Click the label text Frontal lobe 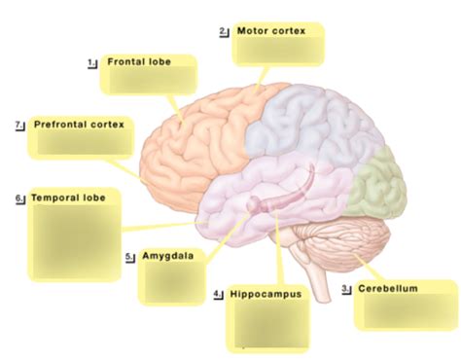click(139, 61)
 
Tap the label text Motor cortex click(271, 31)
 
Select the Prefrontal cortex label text click(79, 125)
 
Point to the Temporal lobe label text click(67, 197)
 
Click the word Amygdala click(168, 257)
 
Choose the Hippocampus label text click(265, 293)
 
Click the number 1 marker click(92, 61)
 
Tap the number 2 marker click(225, 31)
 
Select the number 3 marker click(346, 289)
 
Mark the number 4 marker click(218, 293)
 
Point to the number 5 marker click(129, 257)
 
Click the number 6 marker click(19, 198)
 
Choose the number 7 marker click(19, 125)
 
